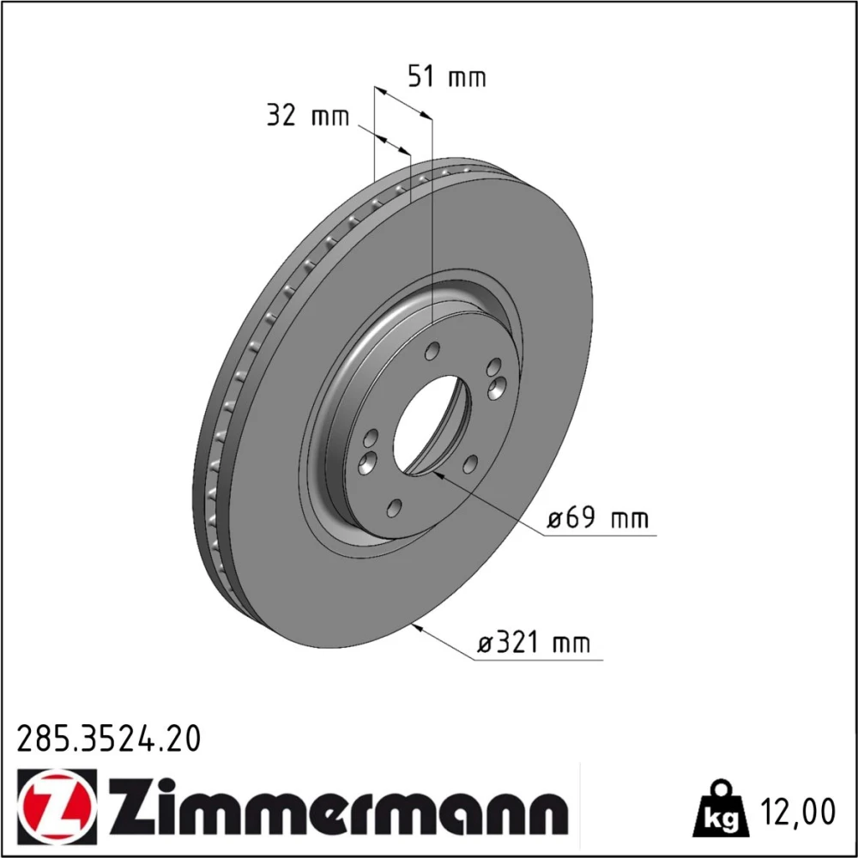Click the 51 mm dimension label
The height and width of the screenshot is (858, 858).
pos(446,76)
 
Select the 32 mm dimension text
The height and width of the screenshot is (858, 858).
pos(307,116)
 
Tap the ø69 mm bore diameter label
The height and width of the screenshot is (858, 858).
pos(598,517)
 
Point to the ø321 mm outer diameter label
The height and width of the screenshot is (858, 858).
pos(534,643)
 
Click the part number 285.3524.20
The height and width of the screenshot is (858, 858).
pos(110,739)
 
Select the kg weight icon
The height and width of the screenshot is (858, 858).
pos(720,809)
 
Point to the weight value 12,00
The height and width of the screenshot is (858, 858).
pos(798,812)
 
